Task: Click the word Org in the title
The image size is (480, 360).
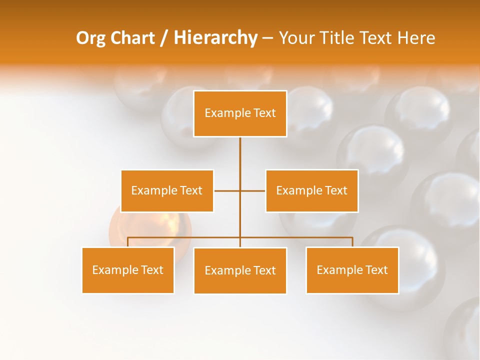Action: coord(90,38)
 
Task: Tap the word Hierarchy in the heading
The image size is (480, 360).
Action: coord(215,38)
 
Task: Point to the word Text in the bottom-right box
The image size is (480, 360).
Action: coord(376,270)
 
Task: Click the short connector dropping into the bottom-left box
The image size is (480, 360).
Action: coord(128,242)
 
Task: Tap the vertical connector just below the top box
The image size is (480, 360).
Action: coord(240,150)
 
